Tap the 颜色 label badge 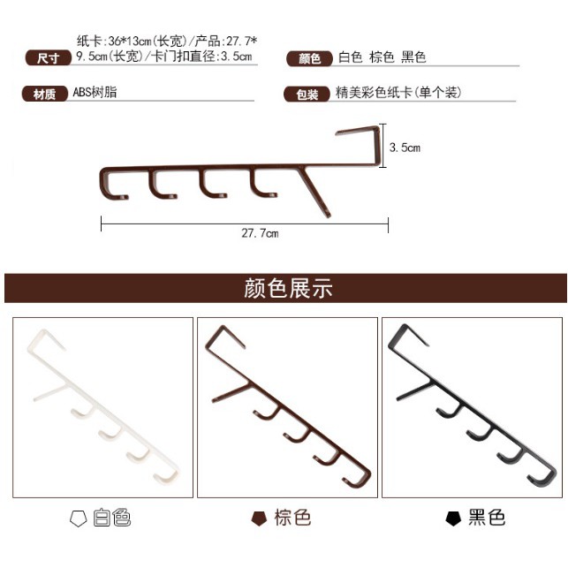pos(309,58)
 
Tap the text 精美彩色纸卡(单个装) pos(398,93)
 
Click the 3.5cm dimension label pos(405,148)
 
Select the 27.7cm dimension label pos(260,233)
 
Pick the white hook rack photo pos(102,406)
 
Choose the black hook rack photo pos(472,406)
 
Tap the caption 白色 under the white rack pos(111,518)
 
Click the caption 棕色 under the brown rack pos(292,518)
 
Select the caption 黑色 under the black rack pos(486,518)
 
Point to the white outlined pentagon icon pos(78,519)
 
